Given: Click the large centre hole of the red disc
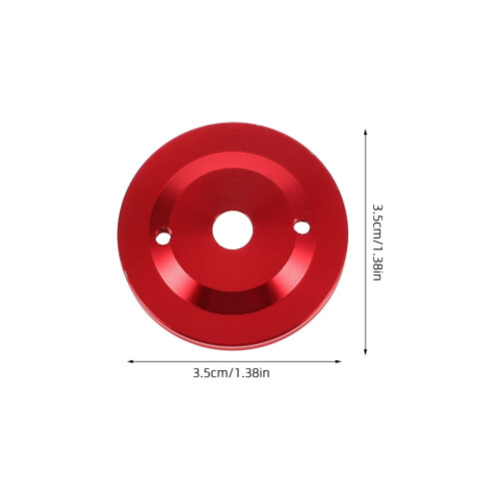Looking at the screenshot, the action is pyautogui.click(x=233, y=231).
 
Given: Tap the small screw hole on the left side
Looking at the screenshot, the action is pyautogui.click(x=163, y=238).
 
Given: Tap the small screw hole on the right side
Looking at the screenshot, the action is pyautogui.click(x=302, y=228).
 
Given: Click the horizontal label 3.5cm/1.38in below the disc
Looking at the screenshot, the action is pyautogui.click(x=232, y=373).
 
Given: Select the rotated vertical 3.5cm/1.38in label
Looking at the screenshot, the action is pyautogui.click(x=377, y=243).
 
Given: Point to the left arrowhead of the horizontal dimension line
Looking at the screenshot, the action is pyautogui.click(x=131, y=361).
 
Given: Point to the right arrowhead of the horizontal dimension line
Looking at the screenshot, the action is pyautogui.click(x=338, y=361).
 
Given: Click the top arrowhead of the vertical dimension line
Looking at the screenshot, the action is pyautogui.click(x=365, y=133).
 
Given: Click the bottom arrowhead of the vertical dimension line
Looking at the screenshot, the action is pyautogui.click(x=365, y=352).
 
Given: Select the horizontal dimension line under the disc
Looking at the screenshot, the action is pyautogui.click(x=235, y=361).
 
